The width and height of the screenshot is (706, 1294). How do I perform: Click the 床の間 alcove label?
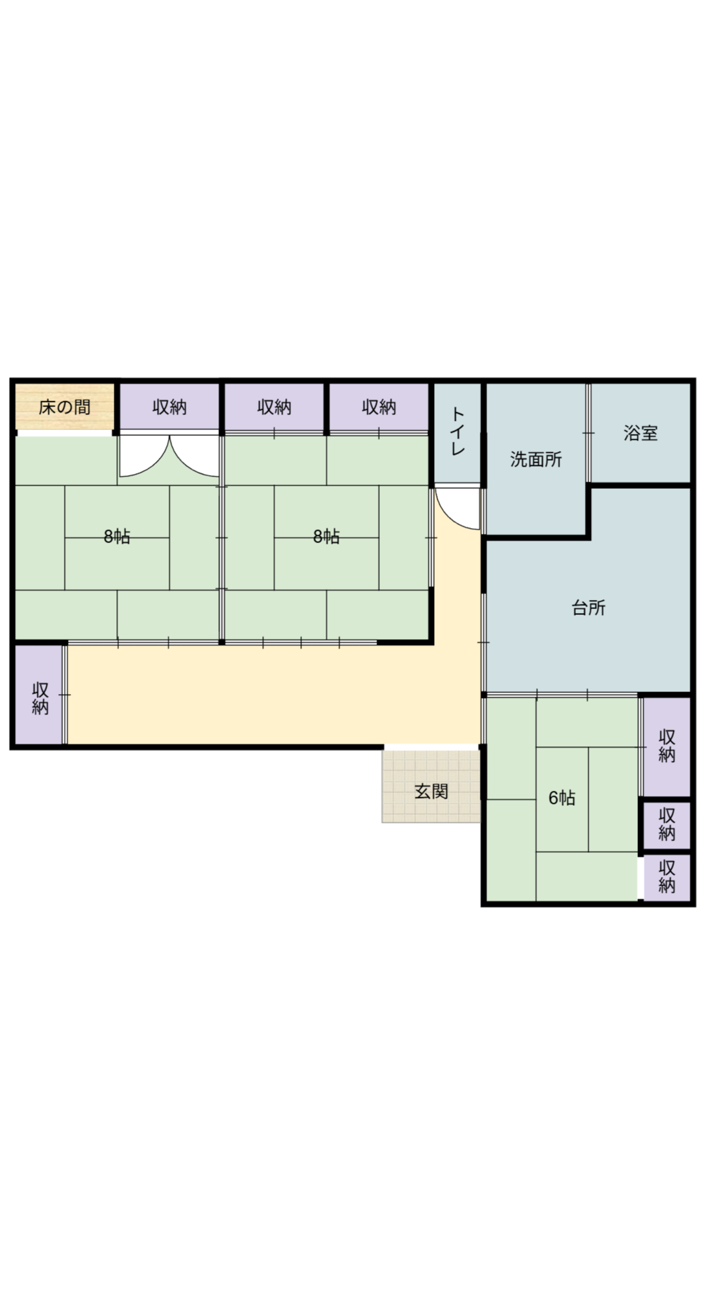pyautogui.click(x=64, y=407)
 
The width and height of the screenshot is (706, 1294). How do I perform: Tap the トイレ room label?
pyautogui.click(x=458, y=431)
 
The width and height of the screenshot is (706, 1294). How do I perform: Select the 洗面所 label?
pyautogui.click(x=536, y=459)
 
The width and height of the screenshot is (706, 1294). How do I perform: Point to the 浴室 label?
pyautogui.click(x=641, y=433)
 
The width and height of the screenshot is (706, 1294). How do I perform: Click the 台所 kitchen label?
pyautogui.click(x=588, y=608)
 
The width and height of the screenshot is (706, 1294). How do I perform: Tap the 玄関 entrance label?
pyautogui.click(x=431, y=791)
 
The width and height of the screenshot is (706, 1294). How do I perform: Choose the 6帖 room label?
pyautogui.click(x=562, y=798)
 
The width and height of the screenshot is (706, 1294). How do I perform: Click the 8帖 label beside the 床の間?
pyautogui.click(x=117, y=537)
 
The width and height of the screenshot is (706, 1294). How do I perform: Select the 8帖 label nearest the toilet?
pyautogui.click(x=326, y=537)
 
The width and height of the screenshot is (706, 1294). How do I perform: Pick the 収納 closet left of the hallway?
pyautogui.click(x=39, y=694)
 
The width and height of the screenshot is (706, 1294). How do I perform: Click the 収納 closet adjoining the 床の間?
pyautogui.click(x=169, y=406)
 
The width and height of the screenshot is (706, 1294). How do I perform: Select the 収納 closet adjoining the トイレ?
pyautogui.click(x=379, y=406)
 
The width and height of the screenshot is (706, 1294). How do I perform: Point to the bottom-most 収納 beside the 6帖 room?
pyautogui.click(x=667, y=877)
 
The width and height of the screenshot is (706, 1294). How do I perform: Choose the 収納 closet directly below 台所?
pyautogui.click(x=667, y=746)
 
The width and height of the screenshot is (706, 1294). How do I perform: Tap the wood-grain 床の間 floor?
pyautogui.click(x=65, y=406)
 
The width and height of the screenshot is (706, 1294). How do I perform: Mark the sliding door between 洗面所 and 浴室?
pyautogui.click(x=588, y=433)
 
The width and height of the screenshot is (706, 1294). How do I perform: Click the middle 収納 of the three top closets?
pyautogui.click(x=275, y=406)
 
